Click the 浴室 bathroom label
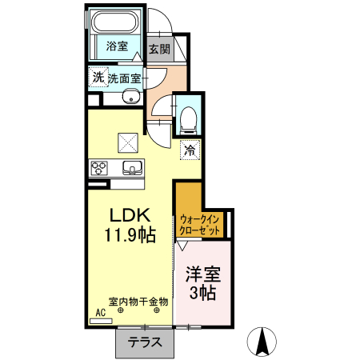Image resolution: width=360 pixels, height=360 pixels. tap(118, 46)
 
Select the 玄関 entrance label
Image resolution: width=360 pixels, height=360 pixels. tap(159, 48)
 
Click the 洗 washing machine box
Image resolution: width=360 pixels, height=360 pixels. tap(98, 78)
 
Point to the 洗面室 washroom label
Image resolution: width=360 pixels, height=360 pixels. tap(126, 78)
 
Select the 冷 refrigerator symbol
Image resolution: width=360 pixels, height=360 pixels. tap(190, 149)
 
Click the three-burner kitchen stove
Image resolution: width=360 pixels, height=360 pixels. tap(100, 167)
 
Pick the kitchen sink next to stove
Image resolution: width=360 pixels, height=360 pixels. tap(131, 167)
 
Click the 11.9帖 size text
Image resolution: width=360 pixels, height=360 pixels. tap(128, 235)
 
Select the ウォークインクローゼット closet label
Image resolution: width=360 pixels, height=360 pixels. tap(201, 224)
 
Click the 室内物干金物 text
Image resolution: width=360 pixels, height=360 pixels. tap(138, 301)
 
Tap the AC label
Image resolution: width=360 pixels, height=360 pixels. tap(101, 313)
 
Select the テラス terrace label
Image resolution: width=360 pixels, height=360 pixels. tap(145, 342)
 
